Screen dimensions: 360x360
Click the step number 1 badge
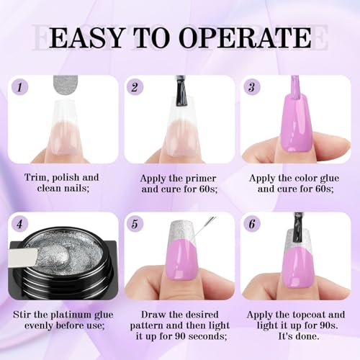pyautogui.click(x=20, y=87)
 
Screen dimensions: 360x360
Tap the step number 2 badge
pyautogui.click(x=135, y=87)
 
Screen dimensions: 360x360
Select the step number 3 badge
pyautogui.click(x=252, y=87)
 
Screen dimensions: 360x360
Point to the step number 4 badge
pyautogui.click(x=20, y=224)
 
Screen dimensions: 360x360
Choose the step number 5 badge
pyautogui.click(x=135, y=224)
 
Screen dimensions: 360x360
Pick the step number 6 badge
pyautogui.click(x=252, y=224)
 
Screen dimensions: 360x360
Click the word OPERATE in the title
pyautogui.click(x=245, y=38)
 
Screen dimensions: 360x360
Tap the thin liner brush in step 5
pyautogui.click(x=204, y=226)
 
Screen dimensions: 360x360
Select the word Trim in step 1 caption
pyautogui.click(x=35, y=178)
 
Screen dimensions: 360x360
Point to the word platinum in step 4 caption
pyautogui.click(x=70, y=315)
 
